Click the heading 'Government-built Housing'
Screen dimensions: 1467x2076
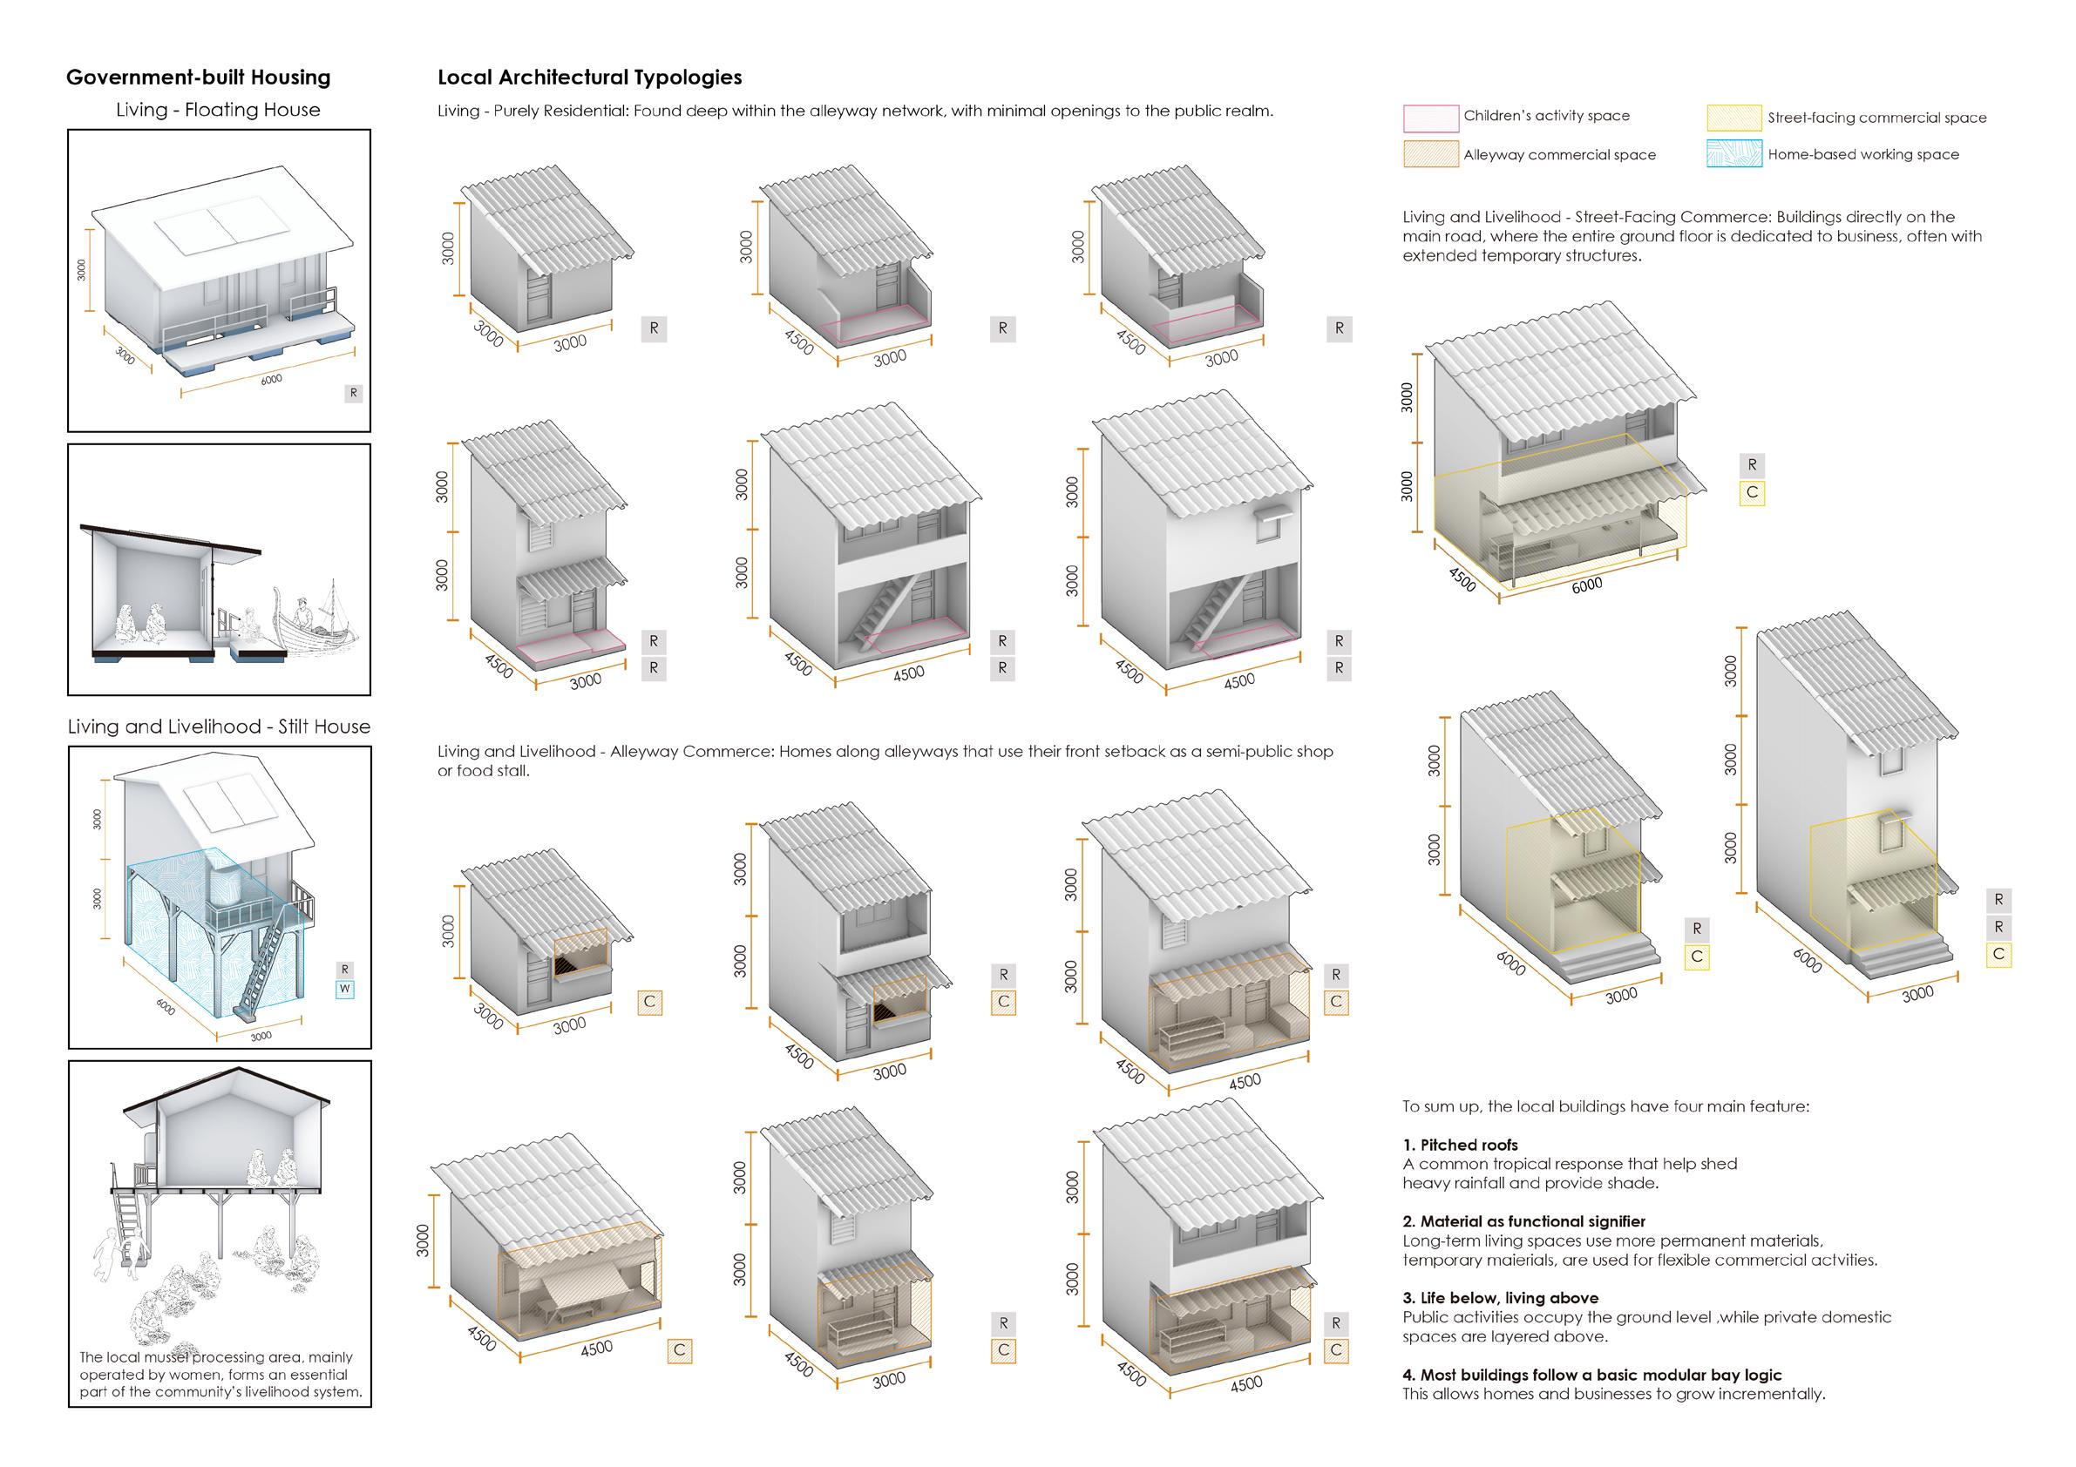click(x=198, y=78)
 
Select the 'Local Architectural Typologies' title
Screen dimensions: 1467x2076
click(x=589, y=78)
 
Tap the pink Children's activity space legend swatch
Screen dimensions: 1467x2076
click(x=1430, y=117)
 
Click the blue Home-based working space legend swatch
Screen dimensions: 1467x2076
click(x=1734, y=153)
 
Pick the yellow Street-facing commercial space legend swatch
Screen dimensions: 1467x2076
click(x=1734, y=118)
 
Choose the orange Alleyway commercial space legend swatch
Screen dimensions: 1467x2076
click(x=1430, y=154)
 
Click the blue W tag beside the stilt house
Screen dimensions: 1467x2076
click(x=344, y=989)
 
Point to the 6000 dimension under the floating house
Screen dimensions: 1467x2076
click(x=270, y=381)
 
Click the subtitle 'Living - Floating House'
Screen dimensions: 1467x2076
click(x=218, y=111)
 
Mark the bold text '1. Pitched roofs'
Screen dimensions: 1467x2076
click(x=1460, y=1146)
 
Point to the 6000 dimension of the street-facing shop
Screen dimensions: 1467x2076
click(x=1586, y=585)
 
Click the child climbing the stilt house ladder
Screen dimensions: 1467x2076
click(x=114, y=1252)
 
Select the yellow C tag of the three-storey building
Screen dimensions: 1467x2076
click(x=1998, y=955)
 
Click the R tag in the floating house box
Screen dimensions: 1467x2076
click(x=354, y=393)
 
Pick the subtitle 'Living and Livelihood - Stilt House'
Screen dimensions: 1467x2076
click(x=219, y=727)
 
